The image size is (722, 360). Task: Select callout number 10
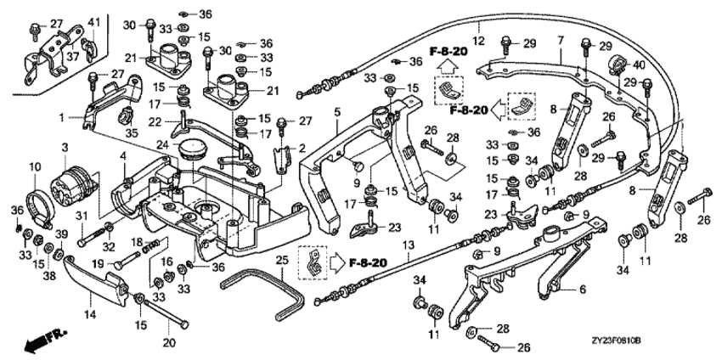pos(35,166)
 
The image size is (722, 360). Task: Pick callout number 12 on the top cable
pos(477,40)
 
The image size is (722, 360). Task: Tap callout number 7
pos(561,39)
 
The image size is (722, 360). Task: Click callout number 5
pos(336,111)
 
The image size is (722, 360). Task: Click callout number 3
pos(65,149)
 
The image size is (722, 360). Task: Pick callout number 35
pos(130,132)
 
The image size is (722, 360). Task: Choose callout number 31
pos(82,217)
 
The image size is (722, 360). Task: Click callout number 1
pos(62,115)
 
